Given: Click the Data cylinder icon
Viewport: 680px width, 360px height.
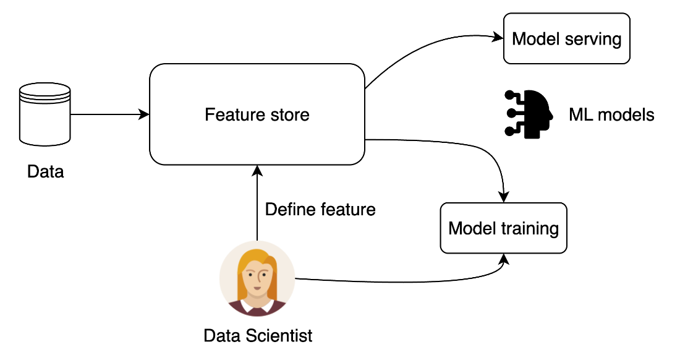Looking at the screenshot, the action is [45, 114].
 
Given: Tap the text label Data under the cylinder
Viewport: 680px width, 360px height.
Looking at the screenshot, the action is [46, 172].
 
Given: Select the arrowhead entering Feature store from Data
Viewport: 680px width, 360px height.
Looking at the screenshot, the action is [144, 114].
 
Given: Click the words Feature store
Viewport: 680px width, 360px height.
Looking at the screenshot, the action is [257, 114].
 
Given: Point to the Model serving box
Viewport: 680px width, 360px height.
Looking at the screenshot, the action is [566, 38].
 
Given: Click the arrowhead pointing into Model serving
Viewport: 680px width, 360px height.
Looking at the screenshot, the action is [498, 37].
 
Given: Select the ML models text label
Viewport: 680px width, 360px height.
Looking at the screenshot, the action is [611, 115].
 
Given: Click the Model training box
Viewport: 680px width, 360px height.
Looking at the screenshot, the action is [503, 228].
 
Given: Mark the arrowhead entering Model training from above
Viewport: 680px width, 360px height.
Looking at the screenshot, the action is [503, 197].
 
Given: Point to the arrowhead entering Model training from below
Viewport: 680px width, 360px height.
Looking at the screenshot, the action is [504, 259].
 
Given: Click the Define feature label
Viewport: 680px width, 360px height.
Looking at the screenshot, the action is [320, 210].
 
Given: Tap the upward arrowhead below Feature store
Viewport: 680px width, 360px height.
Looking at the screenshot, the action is [257, 171].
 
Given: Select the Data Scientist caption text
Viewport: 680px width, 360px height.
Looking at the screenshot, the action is [258, 336].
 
